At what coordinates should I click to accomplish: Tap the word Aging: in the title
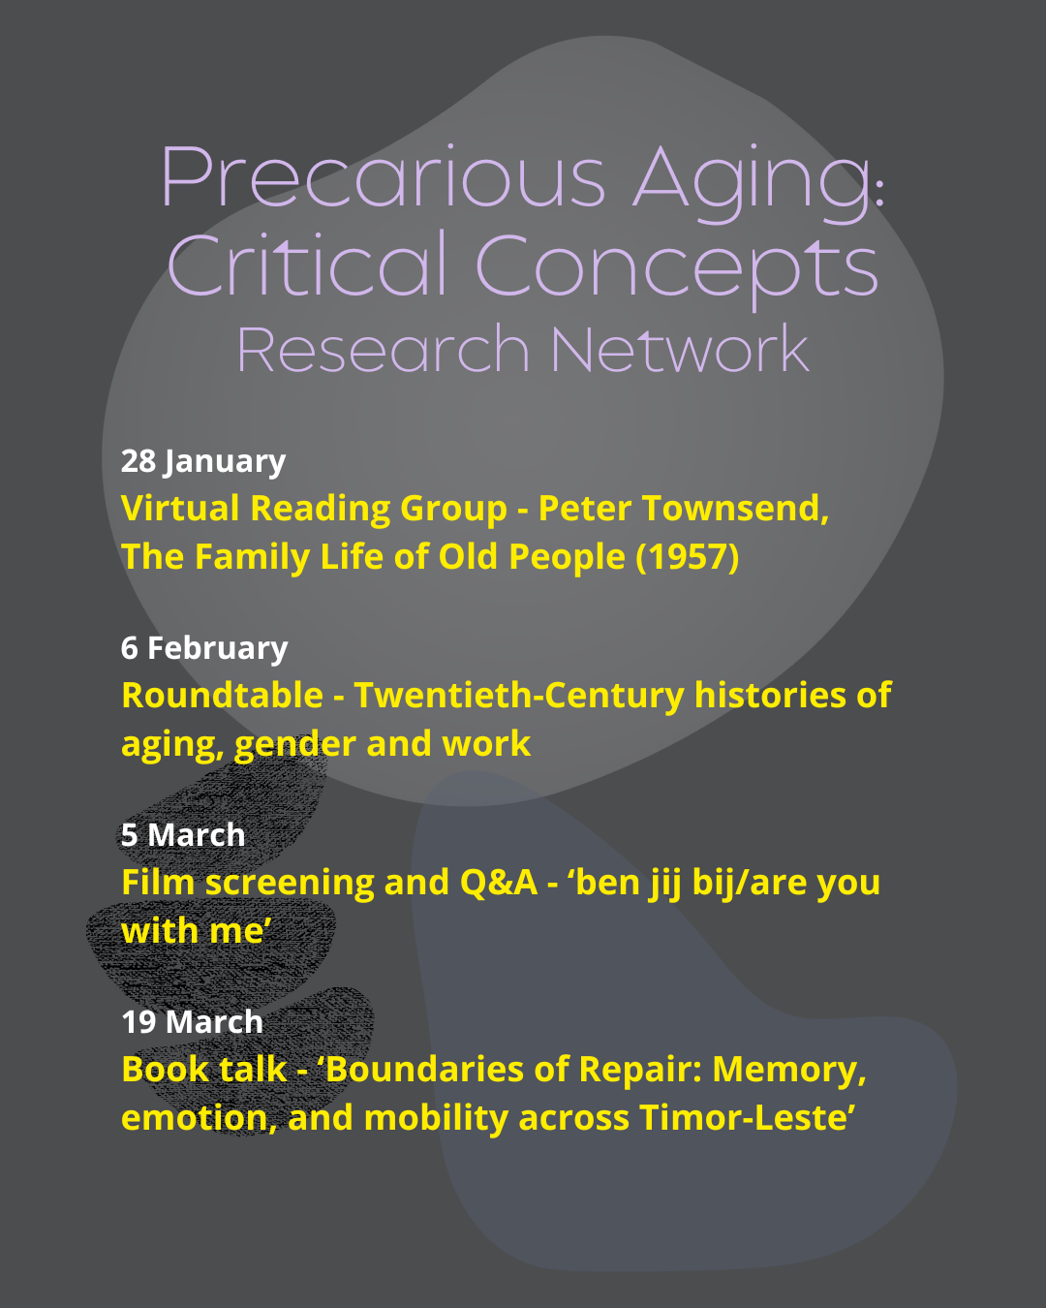click(759, 183)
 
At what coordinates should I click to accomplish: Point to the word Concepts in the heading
click(677, 271)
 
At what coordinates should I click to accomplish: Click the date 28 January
click(203, 462)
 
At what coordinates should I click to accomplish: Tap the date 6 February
click(204, 648)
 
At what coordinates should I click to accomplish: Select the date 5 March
click(183, 834)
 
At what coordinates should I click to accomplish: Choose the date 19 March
click(192, 1022)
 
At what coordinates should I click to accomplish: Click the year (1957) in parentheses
click(688, 557)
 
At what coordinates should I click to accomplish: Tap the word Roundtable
click(223, 695)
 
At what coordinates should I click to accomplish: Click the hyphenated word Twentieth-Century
click(519, 697)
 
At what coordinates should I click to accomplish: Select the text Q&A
click(499, 883)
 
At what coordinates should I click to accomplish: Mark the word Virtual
click(180, 508)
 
